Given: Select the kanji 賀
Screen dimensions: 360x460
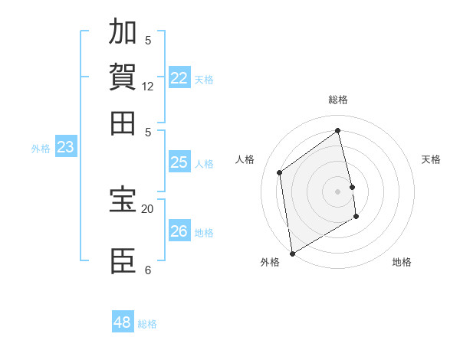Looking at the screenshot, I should (123, 77).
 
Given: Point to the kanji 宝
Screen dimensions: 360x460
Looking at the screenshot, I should (123, 200).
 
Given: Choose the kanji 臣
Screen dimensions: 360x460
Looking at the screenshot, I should (123, 261).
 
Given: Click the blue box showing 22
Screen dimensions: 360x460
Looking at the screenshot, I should (179, 78).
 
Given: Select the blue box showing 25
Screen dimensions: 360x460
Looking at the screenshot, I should (179, 162).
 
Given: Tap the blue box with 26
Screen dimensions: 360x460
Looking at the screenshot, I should (179, 231).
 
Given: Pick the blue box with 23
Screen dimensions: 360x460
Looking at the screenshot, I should (66, 147).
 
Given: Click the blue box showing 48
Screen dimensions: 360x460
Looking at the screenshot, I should (123, 322).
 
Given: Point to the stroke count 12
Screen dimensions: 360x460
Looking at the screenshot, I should (148, 87).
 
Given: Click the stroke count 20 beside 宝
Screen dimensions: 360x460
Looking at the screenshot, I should (148, 208).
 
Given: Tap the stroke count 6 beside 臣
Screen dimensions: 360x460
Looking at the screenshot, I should (148, 270).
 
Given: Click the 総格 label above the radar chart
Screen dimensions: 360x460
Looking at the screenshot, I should (338, 100).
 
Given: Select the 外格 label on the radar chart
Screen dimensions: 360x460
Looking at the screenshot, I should (270, 262).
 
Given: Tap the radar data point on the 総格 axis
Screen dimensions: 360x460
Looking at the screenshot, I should (338, 130).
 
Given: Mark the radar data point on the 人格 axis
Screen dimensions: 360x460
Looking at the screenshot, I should (280, 172).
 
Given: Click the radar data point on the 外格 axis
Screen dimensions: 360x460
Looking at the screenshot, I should (292, 254).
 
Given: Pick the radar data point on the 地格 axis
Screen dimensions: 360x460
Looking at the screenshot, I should (356, 217).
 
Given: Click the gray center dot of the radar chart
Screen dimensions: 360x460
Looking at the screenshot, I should (338, 191).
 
